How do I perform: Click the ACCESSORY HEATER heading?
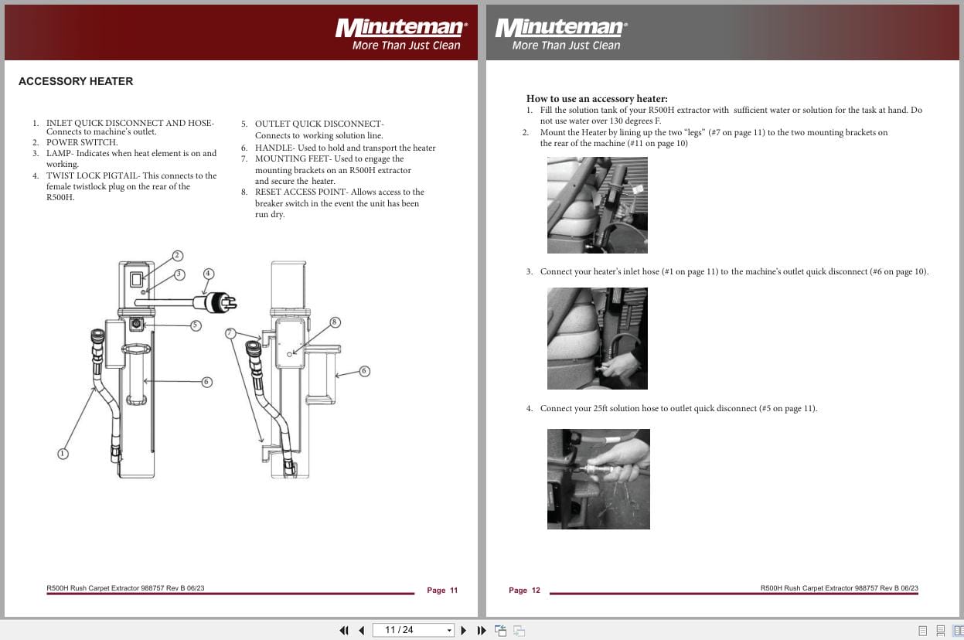coord(76,81)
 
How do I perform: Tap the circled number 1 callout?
coord(63,454)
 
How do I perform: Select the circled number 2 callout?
coord(177,256)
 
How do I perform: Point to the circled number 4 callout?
coord(208,274)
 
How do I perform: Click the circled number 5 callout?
coord(196,325)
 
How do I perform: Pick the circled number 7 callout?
coord(230,333)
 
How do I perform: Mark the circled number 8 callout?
coord(335,322)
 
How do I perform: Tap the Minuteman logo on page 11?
coord(400,29)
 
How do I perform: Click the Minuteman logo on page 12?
coord(561,29)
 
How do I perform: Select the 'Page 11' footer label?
coord(442,591)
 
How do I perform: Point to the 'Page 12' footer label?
coord(524,591)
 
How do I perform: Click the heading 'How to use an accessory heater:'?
coord(596,99)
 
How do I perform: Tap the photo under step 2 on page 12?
coord(597,205)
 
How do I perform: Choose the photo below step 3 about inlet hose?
coord(597,339)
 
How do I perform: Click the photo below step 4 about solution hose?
coord(598,479)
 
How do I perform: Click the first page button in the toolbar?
coord(344,630)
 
